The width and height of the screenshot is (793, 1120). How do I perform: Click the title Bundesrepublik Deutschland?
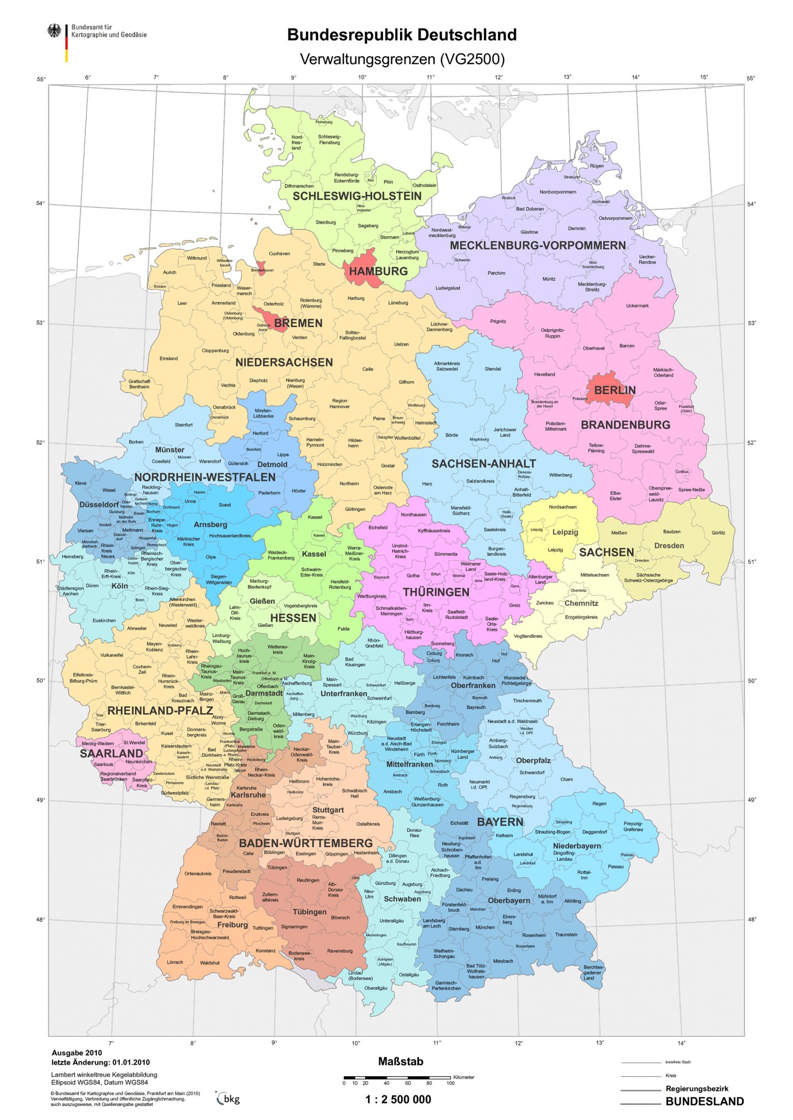coord(402,35)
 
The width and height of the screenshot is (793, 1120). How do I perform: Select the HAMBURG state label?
coord(378,271)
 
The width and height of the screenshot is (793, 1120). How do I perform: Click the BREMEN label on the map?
coord(298,323)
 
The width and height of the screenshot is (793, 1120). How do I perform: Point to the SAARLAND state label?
coord(111,754)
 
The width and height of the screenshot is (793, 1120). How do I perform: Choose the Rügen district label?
coord(597,166)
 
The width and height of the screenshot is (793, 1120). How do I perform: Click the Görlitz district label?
coord(718,532)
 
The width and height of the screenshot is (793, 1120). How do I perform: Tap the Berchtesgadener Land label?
coord(592,972)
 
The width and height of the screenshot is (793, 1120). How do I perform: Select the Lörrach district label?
coord(175,962)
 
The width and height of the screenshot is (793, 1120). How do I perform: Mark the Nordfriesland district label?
coord(297,142)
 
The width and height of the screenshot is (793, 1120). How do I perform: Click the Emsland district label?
coord(169,359)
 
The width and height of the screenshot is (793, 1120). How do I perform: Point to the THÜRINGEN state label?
coord(436,592)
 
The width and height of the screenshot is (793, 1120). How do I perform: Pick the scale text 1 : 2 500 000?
coord(398,1099)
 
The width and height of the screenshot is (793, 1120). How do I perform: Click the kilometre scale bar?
coord(397,1077)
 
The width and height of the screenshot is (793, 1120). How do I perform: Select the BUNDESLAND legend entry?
coord(704,1101)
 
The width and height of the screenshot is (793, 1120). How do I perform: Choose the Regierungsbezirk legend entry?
coord(697,1088)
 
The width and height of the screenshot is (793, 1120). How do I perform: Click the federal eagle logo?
coord(54,31)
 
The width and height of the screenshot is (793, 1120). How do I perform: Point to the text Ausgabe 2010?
coord(77,1052)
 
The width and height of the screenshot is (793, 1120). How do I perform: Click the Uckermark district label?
coord(637,306)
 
